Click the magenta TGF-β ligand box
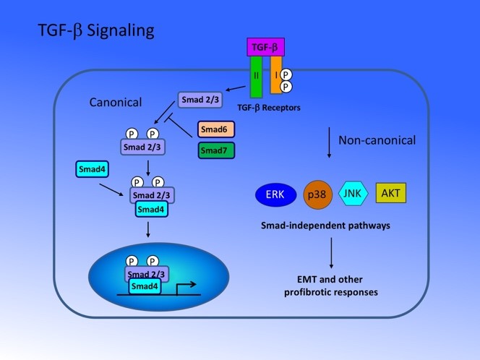265,48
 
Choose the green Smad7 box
216,152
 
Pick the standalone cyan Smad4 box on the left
94,170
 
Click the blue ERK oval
275,194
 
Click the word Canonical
116,102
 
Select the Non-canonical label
377,140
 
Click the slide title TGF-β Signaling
95,31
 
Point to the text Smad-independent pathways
325,226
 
